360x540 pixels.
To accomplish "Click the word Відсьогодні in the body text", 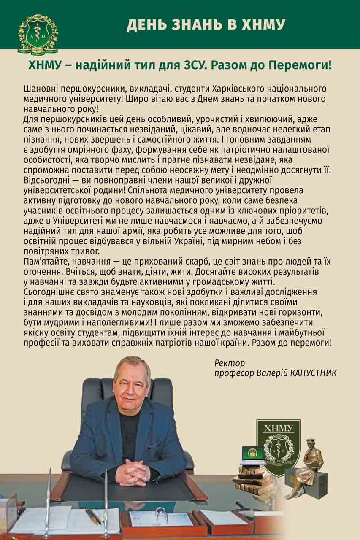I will point(48,180).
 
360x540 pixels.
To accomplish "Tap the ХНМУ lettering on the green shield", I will point(278,429).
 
